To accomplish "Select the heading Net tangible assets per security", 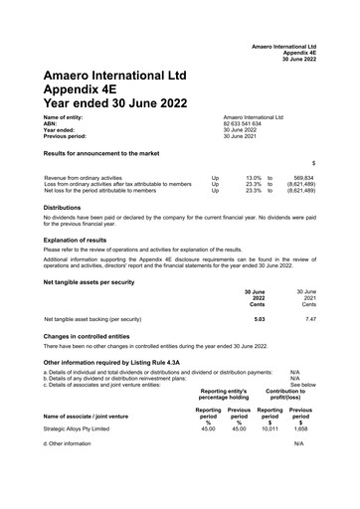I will pos(96,281).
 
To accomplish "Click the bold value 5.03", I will pos(260,319).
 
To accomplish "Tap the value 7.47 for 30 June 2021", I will pos(310,319).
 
